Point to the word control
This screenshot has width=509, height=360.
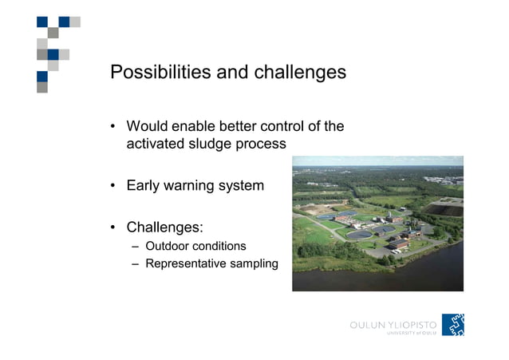[282, 126]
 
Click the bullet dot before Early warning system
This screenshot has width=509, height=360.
[114, 186]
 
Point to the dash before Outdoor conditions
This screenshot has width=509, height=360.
[135, 246]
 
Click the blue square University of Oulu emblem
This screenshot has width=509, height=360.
[453, 324]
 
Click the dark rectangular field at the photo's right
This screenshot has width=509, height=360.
[442, 208]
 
